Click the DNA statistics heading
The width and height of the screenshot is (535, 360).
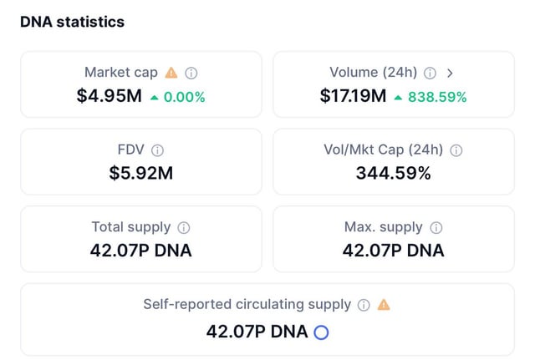(x=72, y=23)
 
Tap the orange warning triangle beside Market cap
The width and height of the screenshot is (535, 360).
(x=171, y=73)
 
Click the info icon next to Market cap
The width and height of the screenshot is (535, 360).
(x=191, y=73)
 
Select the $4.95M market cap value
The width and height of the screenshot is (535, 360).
(x=109, y=96)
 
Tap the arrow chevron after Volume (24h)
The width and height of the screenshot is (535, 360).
(x=450, y=73)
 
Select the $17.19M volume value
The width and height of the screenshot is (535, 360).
(x=353, y=96)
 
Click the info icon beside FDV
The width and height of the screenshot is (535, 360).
(x=157, y=150)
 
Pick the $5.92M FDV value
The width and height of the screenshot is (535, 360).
(x=140, y=173)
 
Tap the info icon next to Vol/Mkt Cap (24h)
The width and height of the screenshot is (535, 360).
(x=456, y=150)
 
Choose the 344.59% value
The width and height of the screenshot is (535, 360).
(x=393, y=173)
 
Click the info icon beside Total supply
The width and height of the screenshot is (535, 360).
(x=184, y=227)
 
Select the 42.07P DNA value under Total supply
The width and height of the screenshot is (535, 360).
(x=140, y=250)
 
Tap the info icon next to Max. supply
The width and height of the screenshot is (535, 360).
(x=436, y=227)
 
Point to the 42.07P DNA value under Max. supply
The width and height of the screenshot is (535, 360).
(x=393, y=250)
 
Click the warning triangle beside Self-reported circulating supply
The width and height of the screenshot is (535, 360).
(x=384, y=305)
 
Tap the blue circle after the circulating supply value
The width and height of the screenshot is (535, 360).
(x=321, y=332)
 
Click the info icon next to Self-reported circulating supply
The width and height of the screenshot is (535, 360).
(x=364, y=305)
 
